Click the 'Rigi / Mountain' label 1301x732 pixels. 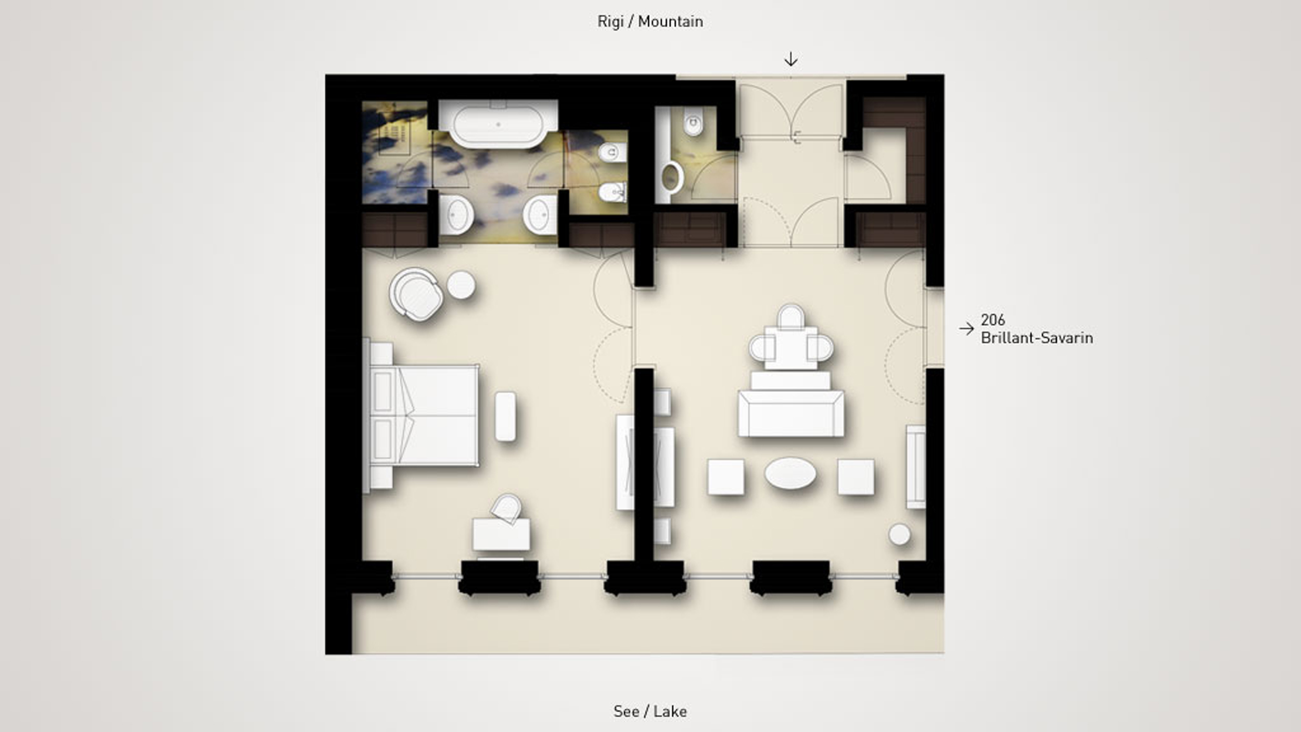click(650, 22)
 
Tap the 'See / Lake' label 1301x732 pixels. click(650, 711)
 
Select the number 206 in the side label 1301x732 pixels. click(992, 320)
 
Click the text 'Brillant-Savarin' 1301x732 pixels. click(1037, 338)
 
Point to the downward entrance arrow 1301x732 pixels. click(790, 59)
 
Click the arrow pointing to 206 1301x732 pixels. click(966, 329)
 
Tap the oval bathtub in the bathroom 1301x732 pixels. click(498, 124)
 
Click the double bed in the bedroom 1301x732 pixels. click(422, 415)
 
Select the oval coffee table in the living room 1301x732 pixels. click(790, 474)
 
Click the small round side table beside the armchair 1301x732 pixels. click(461, 285)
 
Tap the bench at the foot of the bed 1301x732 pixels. click(505, 417)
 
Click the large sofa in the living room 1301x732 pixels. click(791, 413)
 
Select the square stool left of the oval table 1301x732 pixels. click(725, 476)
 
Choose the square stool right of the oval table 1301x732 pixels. click(856, 476)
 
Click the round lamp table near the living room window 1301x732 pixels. click(899, 534)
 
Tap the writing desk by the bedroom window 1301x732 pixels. click(501, 534)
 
